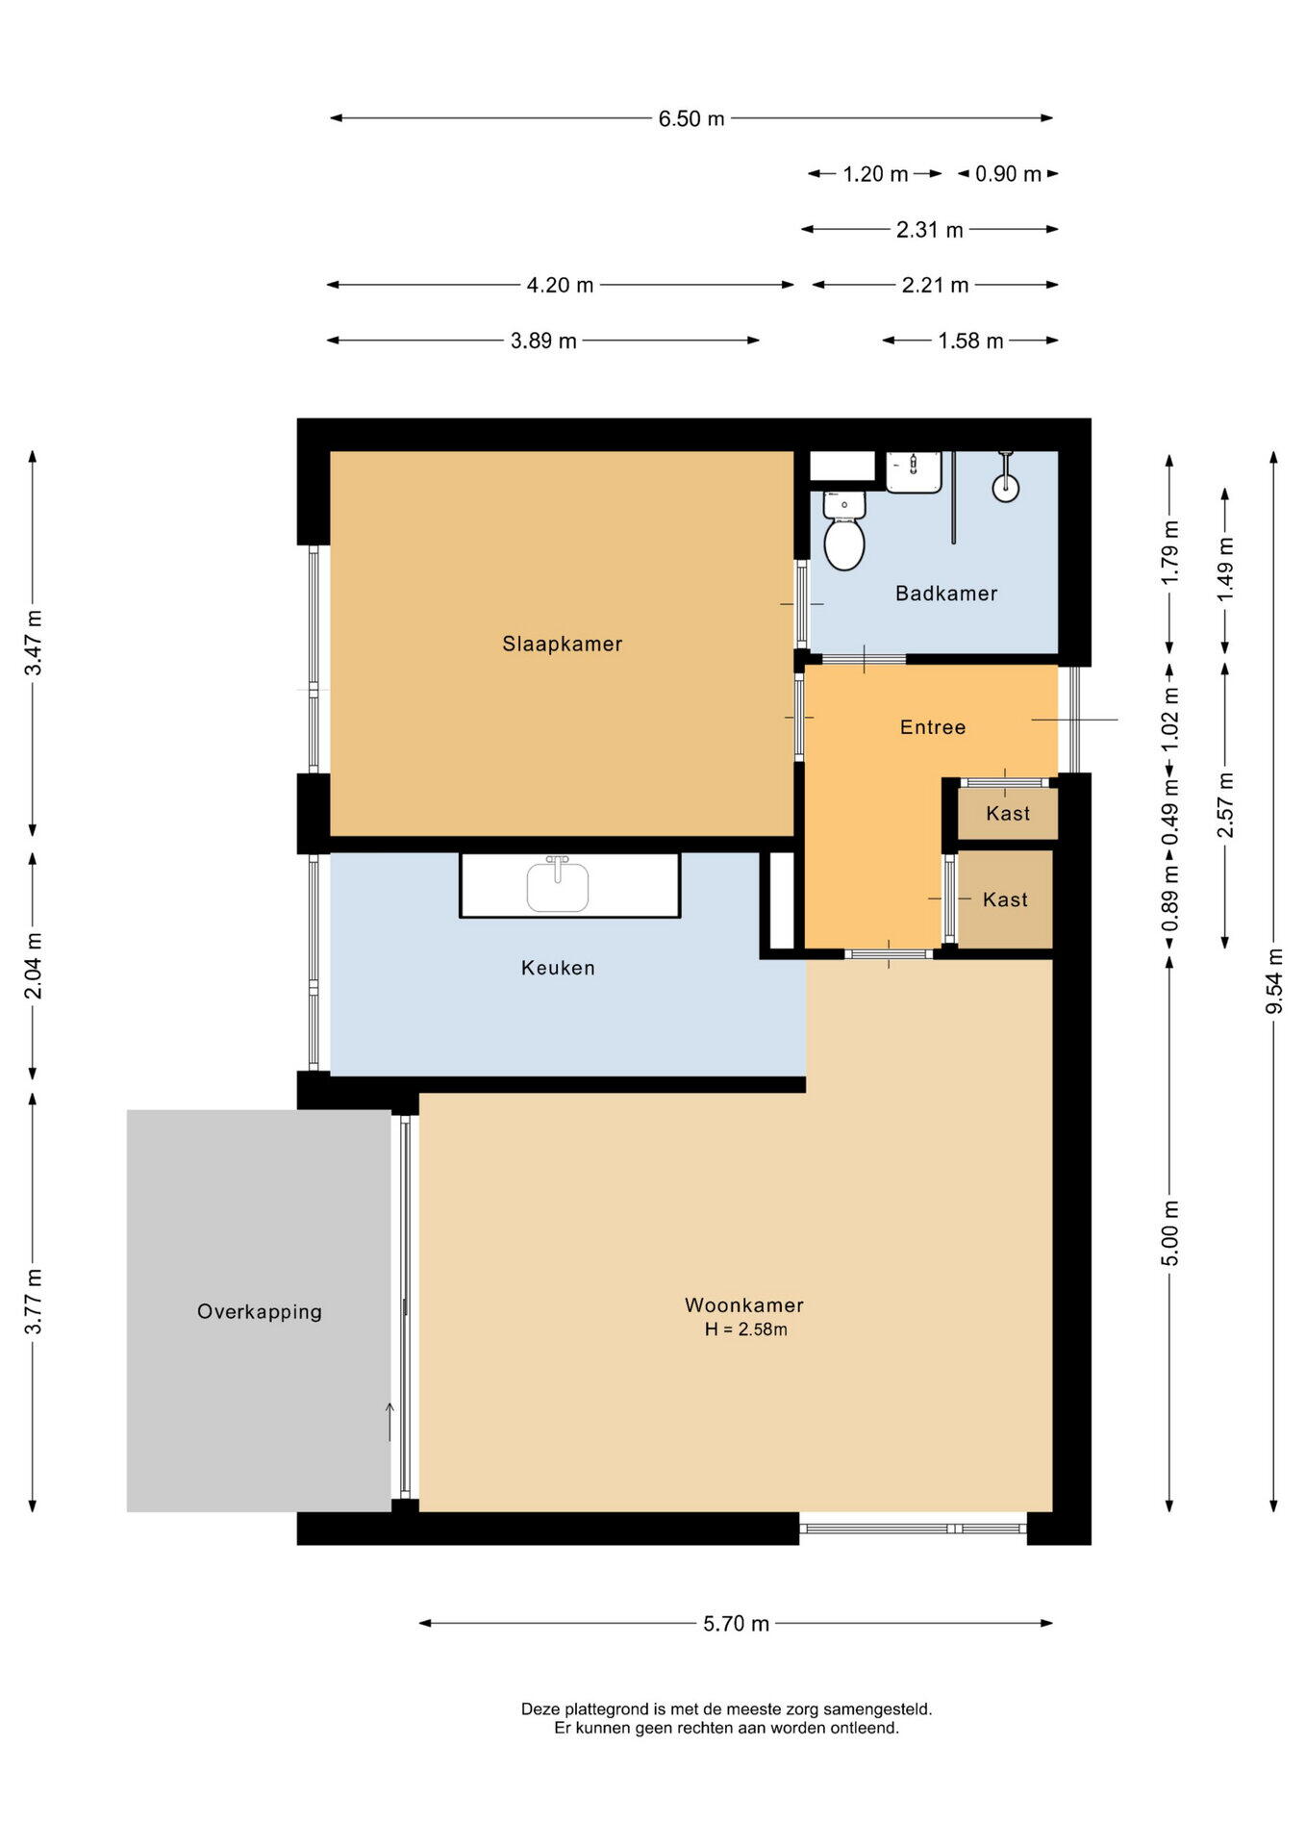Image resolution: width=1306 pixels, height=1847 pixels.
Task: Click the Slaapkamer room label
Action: [562, 644]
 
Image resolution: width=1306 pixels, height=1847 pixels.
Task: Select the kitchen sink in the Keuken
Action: [558, 886]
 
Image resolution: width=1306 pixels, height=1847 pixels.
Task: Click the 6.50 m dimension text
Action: [691, 119]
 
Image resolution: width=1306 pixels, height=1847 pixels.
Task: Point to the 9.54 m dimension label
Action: [1274, 980]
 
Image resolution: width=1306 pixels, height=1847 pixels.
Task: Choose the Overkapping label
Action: [259, 1311]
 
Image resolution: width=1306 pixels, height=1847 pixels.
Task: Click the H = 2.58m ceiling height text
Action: [745, 1329]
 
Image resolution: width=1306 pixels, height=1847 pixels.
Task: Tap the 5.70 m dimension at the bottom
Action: [736, 1624]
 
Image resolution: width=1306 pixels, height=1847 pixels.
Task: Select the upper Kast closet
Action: [1007, 813]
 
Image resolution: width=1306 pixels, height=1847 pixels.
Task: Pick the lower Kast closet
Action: [1005, 899]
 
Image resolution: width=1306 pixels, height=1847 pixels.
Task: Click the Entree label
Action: [932, 727]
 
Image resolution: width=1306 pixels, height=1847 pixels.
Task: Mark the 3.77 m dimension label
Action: [33, 1301]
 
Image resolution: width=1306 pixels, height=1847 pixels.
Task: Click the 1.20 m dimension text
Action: [875, 174]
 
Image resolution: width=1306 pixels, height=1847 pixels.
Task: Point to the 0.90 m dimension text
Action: [1008, 174]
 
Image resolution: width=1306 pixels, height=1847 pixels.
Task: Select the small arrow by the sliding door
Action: [389, 1421]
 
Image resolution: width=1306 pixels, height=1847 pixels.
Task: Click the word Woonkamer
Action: [743, 1305]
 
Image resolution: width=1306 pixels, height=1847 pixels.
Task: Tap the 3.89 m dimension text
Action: [543, 341]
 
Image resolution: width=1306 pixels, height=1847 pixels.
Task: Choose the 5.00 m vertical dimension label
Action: [1170, 1233]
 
